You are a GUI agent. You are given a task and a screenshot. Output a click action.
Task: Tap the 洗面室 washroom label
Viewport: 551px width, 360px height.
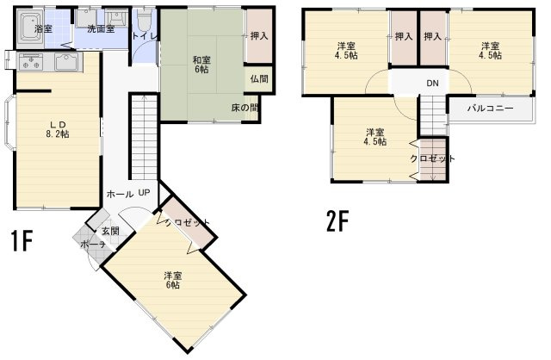click(x=101, y=29)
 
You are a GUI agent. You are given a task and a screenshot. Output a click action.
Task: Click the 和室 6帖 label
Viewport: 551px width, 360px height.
click(x=202, y=65)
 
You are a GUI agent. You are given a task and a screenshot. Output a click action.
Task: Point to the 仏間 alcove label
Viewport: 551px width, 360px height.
click(x=258, y=79)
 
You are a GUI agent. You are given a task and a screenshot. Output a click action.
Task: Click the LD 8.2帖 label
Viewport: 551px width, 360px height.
click(x=58, y=128)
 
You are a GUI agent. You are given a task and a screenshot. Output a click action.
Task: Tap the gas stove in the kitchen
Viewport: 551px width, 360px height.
click(x=29, y=62)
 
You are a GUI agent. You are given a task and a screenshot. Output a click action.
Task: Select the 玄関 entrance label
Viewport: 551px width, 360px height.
click(x=110, y=231)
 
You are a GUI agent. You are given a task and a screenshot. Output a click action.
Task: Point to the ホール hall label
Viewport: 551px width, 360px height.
click(x=119, y=194)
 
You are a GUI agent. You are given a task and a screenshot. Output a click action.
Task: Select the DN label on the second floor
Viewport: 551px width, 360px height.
click(x=431, y=83)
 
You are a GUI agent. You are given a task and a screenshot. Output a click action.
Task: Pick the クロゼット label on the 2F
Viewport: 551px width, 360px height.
click(x=432, y=158)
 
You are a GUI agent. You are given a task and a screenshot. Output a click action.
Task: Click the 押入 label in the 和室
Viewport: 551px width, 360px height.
click(x=258, y=36)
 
